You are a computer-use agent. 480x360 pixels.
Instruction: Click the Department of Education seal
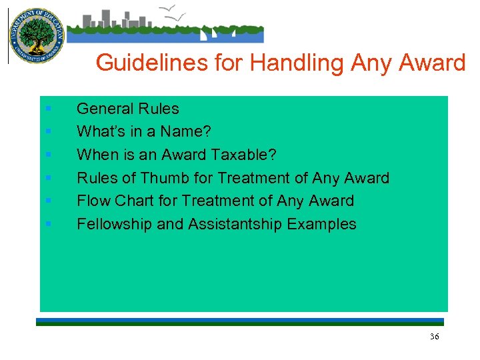(35, 35)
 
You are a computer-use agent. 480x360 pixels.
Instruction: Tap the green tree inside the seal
(35, 33)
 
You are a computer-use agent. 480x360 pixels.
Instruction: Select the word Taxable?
(243, 155)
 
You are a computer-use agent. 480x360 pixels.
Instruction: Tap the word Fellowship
(115, 224)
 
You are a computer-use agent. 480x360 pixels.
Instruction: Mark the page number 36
(434, 337)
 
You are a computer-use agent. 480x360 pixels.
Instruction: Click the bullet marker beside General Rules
(49, 109)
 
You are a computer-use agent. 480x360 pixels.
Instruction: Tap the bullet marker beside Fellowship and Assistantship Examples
(49, 224)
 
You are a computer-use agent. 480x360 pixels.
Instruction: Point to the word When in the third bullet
(95, 155)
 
